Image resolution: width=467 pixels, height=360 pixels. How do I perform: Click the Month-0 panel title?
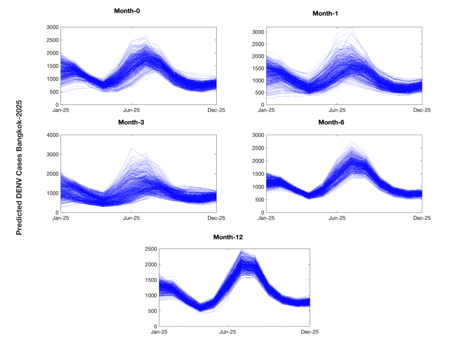tap(127, 10)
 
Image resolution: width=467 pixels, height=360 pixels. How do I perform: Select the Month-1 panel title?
tap(325, 13)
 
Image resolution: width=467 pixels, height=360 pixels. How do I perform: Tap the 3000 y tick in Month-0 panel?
tap(52, 27)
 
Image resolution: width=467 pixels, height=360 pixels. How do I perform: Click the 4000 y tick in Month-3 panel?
tap(52, 135)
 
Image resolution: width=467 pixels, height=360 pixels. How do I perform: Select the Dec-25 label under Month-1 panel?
tap(422, 110)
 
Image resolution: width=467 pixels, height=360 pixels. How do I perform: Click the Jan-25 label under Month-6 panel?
tap(266, 218)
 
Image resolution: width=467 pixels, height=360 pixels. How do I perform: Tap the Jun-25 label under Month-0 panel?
tap(131, 110)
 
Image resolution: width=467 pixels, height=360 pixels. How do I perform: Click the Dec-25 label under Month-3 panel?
tap(216, 218)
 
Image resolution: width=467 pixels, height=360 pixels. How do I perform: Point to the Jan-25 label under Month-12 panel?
tap(159, 332)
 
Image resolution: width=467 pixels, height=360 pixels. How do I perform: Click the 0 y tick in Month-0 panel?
tap(57, 105)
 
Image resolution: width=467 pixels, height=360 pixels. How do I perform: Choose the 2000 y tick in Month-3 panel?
tap(52, 174)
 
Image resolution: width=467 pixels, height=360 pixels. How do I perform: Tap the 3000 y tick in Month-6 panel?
tap(258, 135)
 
